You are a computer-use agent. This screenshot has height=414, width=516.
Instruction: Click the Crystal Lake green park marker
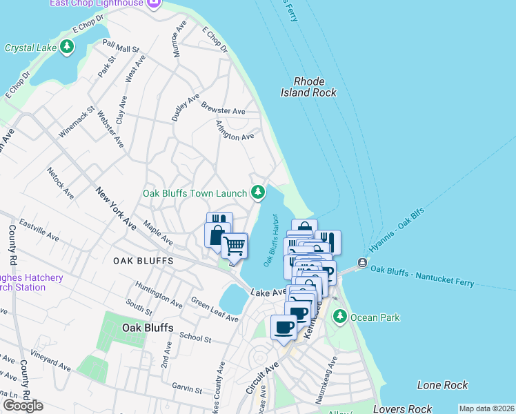pos(67,48)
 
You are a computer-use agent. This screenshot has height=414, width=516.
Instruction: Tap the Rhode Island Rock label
pos(308,87)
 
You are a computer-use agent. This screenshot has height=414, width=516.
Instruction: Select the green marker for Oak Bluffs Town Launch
pos(258,191)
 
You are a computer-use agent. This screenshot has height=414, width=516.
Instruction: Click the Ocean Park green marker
pos(339,317)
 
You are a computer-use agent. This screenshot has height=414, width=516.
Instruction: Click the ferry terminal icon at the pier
pos(361,263)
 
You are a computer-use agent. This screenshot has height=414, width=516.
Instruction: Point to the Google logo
pos(23,406)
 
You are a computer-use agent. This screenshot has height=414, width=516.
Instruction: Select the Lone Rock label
pos(442,385)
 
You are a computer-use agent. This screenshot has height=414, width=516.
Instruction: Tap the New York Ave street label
pos(116,208)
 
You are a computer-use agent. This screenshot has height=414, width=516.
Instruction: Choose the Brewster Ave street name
pos(223,108)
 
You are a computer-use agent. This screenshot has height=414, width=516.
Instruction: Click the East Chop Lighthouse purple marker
pos(153,4)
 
